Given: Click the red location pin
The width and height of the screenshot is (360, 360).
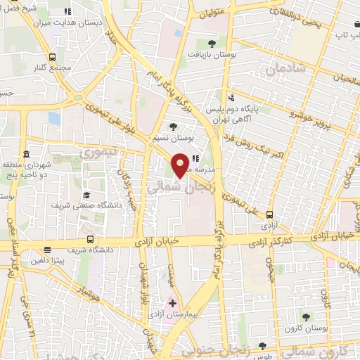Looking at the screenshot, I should coord(181,165).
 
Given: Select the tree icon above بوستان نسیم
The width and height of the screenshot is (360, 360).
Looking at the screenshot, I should coord(174,126).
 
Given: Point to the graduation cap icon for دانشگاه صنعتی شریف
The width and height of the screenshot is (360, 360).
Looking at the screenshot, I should coord(86,195).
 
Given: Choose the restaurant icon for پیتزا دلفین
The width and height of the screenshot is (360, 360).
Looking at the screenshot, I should coord(47,250).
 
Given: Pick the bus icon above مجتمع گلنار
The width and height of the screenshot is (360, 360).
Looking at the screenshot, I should coord(53,57).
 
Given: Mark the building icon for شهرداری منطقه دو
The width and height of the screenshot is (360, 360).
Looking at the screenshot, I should coord(26,154).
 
